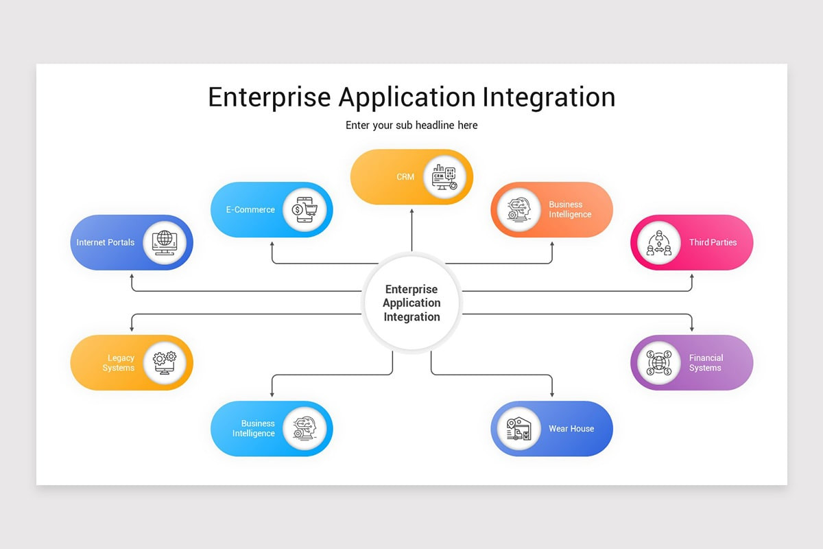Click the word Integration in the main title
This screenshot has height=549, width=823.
click(x=548, y=97)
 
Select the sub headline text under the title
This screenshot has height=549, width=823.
click(x=411, y=125)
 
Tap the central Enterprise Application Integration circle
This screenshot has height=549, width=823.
click(x=411, y=303)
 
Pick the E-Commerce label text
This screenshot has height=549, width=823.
click(x=250, y=210)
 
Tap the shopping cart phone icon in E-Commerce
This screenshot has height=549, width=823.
click(x=305, y=210)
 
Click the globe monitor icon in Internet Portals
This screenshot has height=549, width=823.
click(x=165, y=242)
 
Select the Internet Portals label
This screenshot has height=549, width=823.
click(x=106, y=242)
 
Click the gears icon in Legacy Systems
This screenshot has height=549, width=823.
click(x=165, y=362)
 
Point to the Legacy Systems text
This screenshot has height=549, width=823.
click(x=119, y=363)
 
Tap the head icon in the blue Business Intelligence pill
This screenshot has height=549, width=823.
click(x=305, y=428)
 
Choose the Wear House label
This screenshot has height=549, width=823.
click(x=571, y=429)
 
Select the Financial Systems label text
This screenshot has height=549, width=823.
click(x=706, y=363)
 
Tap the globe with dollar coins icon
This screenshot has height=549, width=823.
click(x=659, y=362)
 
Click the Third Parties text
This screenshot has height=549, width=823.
click(x=713, y=242)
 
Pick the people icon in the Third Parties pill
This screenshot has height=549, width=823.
click(x=659, y=242)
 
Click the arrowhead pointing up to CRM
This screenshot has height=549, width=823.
click(x=411, y=213)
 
